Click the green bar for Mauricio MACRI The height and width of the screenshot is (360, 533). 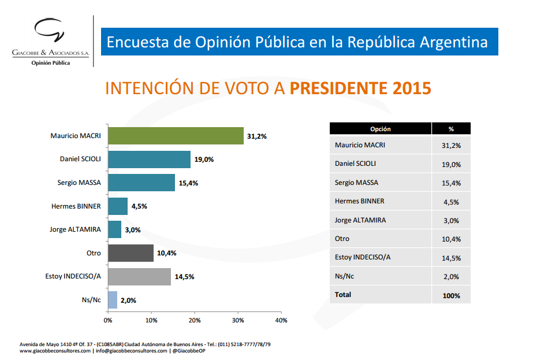(176, 136)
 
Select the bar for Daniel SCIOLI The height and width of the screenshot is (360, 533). (149, 159)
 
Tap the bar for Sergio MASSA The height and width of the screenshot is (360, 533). (141, 183)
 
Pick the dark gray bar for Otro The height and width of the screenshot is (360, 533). (131, 253)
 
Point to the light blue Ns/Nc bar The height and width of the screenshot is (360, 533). (113, 300)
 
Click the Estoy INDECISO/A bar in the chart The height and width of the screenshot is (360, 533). (139, 276)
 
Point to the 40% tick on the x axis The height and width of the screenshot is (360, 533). (281, 320)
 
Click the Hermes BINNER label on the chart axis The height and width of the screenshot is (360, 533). (76, 206)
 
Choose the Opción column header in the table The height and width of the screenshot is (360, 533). (381, 129)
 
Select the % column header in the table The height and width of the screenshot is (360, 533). (451, 129)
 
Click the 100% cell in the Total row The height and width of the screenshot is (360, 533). (451, 295)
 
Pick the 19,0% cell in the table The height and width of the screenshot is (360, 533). (451, 164)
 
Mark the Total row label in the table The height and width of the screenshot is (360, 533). (343, 295)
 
